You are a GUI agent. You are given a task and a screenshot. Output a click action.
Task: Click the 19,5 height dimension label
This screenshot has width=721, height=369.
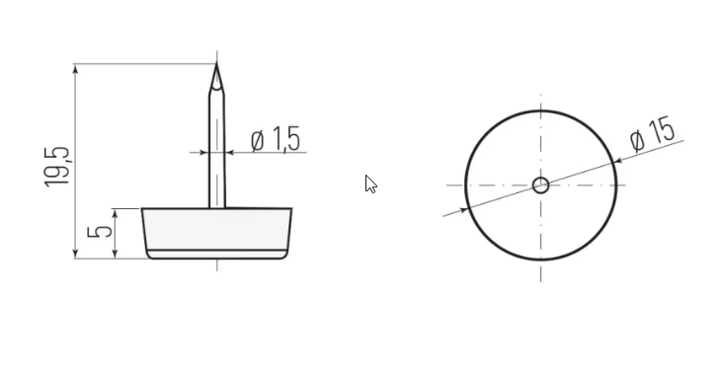(57, 168)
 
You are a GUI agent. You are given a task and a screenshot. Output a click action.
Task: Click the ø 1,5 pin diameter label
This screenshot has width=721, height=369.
(276, 139)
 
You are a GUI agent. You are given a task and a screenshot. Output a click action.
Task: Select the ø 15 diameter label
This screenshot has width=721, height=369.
(653, 133)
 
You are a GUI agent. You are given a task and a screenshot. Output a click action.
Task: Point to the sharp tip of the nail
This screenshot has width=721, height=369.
(216, 65)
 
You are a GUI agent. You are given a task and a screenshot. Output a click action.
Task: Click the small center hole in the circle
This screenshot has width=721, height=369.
(541, 185)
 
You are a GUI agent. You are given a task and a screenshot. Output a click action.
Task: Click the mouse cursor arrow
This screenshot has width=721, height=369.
(370, 184)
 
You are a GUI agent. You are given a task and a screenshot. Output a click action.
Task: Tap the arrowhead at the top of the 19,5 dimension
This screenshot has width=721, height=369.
(76, 69)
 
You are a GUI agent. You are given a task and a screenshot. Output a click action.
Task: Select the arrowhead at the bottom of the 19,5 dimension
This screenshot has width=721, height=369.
(76, 254)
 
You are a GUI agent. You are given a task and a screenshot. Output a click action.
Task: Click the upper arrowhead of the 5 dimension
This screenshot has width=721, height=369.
(115, 214)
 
